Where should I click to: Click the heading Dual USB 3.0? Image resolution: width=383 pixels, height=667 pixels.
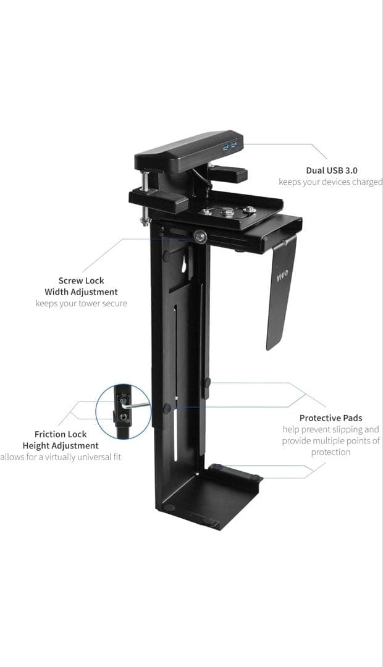pos(332,170)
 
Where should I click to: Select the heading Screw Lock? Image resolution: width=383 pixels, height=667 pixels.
pos(82,280)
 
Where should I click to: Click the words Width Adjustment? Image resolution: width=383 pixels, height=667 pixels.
pos(81,292)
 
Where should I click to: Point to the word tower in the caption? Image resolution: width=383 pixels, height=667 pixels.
pos(89,303)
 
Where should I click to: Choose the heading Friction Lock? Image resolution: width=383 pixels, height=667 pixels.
pos(61,434)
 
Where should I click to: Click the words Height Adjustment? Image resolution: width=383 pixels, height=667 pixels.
pos(61,445)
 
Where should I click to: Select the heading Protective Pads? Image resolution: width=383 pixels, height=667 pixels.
pos(330,418)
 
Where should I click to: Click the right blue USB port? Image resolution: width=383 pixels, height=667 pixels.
pos(234,145)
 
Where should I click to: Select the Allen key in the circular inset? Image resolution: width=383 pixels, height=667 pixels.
pos(137,405)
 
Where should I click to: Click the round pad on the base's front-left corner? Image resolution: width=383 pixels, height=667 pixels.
pos(169,508)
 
